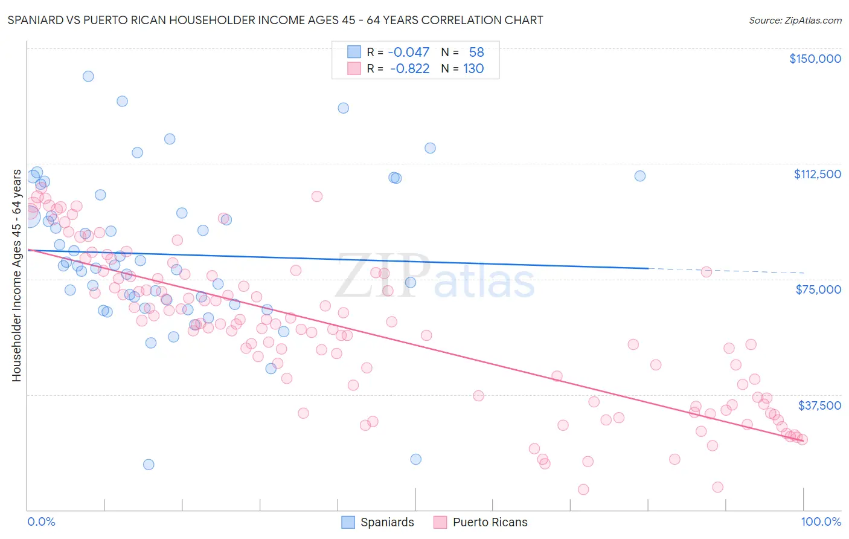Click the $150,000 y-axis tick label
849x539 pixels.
pyautogui.click(x=815, y=59)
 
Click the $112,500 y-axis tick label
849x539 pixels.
pyautogui.click(x=817, y=174)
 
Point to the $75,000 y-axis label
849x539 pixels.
pyautogui.click(x=818, y=289)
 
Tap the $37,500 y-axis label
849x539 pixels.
pyautogui.click(x=819, y=405)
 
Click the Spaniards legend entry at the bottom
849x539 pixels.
pyautogui.click(x=387, y=523)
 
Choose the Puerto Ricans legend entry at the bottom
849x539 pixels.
pyautogui.click(x=490, y=523)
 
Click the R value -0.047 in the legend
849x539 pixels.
pyautogui.click(x=409, y=53)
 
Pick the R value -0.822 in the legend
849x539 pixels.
pyautogui.click(x=409, y=69)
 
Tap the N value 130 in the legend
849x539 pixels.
pyautogui.click(x=473, y=69)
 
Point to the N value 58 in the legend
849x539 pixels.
pyautogui.click(x=476, y=53)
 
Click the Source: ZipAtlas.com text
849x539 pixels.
pyautogui.click(x=795, y=21)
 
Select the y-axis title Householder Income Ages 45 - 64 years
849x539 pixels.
pyautogui.click(x=17, y=276)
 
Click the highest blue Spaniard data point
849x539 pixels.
pyautogui.click(x=88, y=76)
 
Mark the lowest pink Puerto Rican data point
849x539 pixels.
pyautogui.click(x=583, y=489)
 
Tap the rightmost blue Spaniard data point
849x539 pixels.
pyautogui.click(x=640, y=176)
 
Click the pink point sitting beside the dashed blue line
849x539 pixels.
pyautogui.click(x=706, y=272)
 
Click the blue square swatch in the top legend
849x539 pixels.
pyautogui.click(x=354, y=53)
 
